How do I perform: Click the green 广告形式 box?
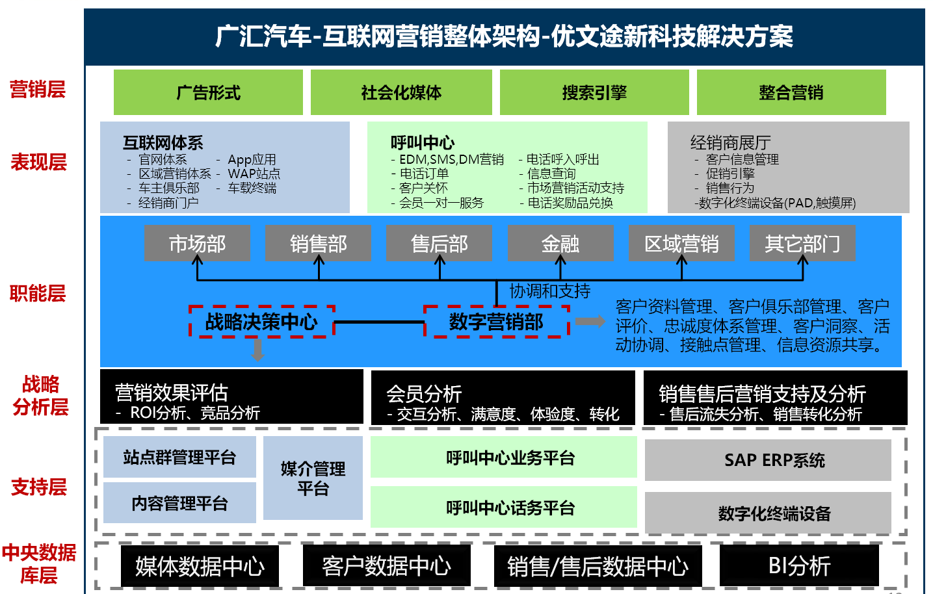(208, 92)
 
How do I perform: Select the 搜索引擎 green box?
(594, 92)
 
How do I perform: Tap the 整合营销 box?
(791, 92)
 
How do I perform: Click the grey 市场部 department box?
(197, 243)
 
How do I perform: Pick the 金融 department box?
(560, 243)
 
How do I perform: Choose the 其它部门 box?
(802, 243)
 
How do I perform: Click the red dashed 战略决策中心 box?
(261, 321)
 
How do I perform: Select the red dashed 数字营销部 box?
(496, 321)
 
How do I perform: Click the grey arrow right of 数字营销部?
(590, 321)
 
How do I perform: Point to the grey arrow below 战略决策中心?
(257, 350)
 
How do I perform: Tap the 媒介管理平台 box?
(313, 478)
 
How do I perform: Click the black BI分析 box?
(799, 565)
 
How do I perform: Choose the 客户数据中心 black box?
(386, 565)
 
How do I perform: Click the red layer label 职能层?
(38, 293)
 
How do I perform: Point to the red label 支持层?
(39, 487)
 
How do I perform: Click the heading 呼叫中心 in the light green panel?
(423, 142)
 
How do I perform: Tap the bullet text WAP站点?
(254, 174)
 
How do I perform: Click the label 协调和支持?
(550, 291)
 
